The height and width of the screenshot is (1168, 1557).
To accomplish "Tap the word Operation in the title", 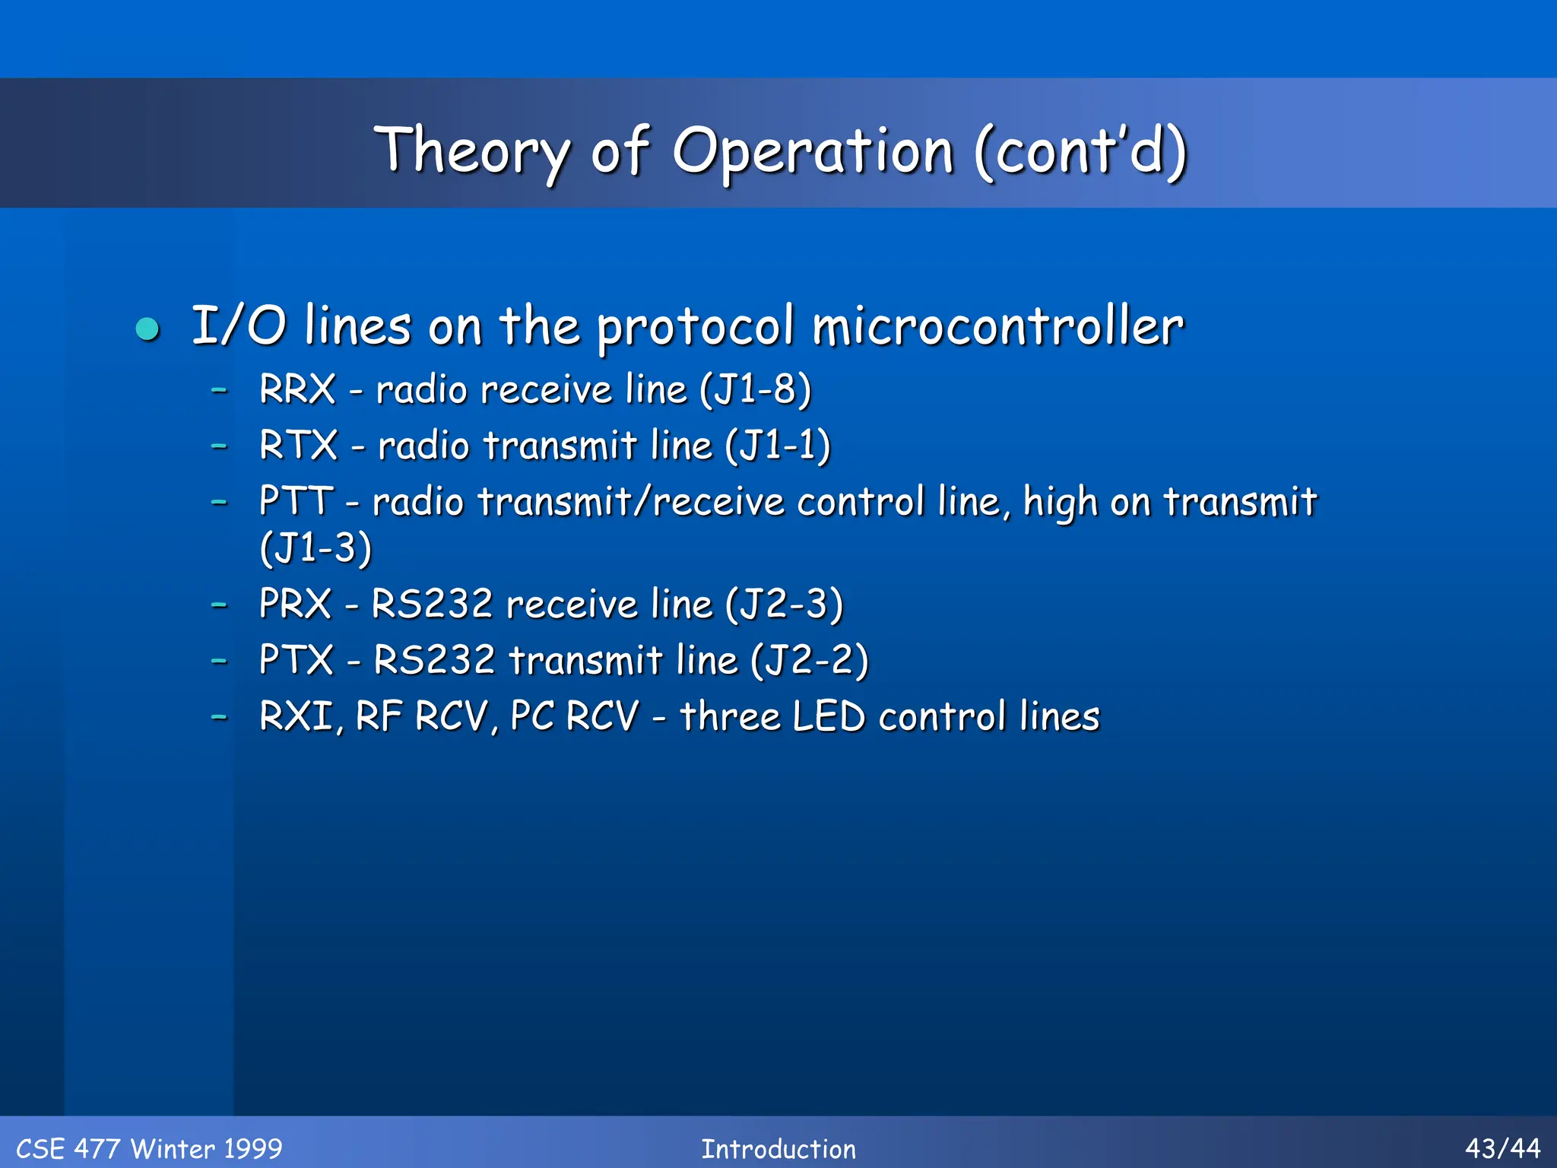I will (x=812, y=152).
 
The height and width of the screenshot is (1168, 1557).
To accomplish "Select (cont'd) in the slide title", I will (x=1080, y=152).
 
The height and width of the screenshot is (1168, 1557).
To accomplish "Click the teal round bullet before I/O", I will (x=147, y=329).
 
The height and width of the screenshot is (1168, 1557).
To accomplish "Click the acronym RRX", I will (x=296, y=389).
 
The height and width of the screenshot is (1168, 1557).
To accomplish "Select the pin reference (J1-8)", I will (x=755, y=389).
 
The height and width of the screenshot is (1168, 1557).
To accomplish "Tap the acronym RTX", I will (x=298, y=446).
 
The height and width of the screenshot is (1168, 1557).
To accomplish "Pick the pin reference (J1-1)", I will (x=777, y=446).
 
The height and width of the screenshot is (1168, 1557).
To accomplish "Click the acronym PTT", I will (x=296, y=502).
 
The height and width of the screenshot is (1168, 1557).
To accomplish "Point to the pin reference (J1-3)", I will (x=316, y=547).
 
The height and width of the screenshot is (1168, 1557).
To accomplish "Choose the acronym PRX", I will (x=295, y=605).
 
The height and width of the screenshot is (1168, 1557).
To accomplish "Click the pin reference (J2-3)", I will (x=784, y=605).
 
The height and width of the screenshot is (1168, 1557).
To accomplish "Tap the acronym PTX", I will (x=296, y=660).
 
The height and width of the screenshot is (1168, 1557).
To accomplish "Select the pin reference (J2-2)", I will (x=809, y=660).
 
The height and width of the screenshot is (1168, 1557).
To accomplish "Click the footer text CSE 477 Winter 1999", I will (x=149, y=1148).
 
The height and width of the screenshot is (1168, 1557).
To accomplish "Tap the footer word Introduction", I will (x=778, y=1148).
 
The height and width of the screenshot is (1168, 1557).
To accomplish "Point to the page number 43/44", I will (x=1502, y=1148).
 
